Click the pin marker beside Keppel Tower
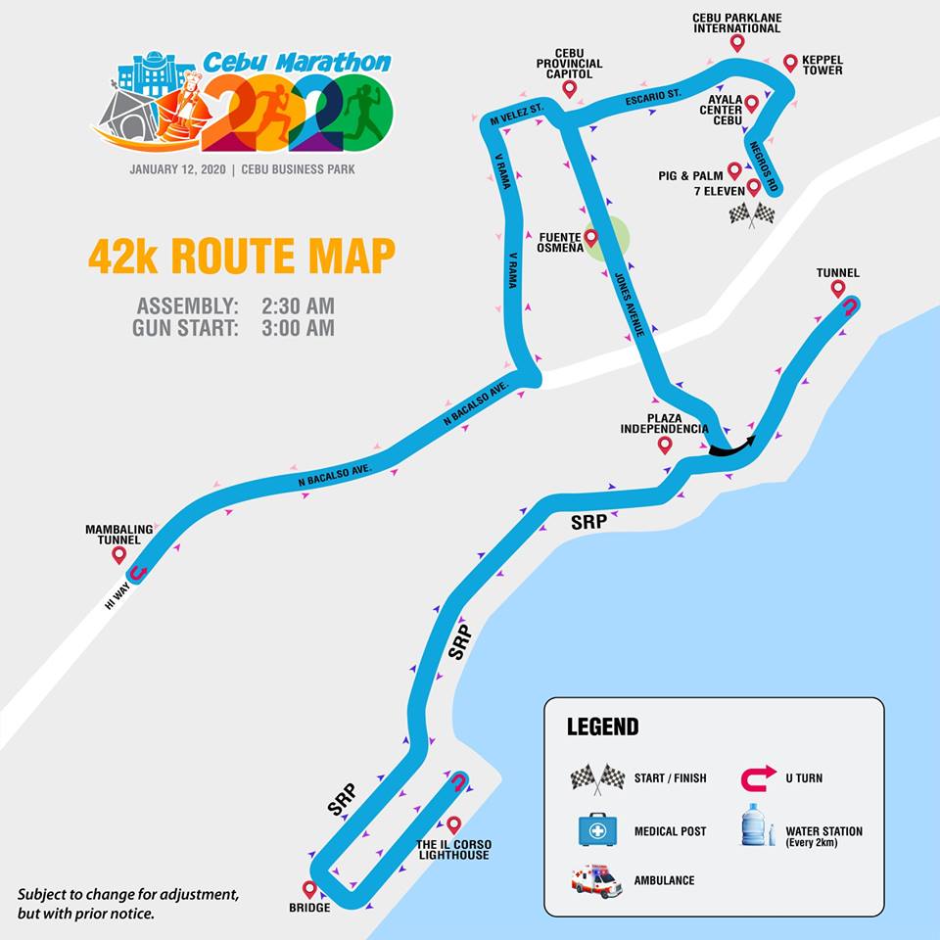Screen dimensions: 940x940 click(790, 64)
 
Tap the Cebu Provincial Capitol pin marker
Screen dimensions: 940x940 click(569, 89)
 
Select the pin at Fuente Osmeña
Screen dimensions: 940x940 click(591, 238)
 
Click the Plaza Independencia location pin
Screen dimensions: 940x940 click(665, 445)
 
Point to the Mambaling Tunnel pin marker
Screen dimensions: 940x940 click(119, 555)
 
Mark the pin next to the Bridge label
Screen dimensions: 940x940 click(310, 890)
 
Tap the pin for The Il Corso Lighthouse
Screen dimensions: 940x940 click(453, 825)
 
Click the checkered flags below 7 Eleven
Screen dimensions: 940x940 click(752, 213)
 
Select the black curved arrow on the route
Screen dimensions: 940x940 click(731, 446)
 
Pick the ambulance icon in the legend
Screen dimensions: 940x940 click(597, 880)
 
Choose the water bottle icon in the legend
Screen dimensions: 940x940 click(753, 825)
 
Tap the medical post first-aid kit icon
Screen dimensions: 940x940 click(597, 830)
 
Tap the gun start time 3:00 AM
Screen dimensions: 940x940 click(298, 328)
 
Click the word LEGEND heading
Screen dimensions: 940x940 click(602, 728)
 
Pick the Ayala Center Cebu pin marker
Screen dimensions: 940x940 click(752, 103)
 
